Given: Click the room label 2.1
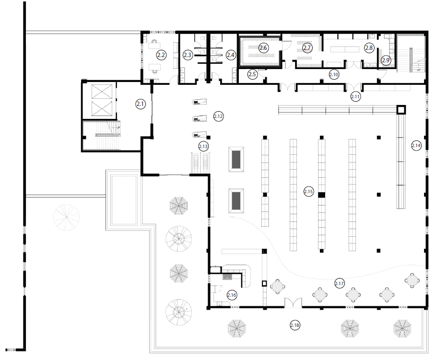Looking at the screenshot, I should (x=141, y=104).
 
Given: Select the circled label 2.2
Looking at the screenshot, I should (x=161, y=55).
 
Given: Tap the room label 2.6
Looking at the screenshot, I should (x=263, y=47).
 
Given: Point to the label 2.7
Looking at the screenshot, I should (x=307, y=47).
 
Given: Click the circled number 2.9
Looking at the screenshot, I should (x=386, y=60).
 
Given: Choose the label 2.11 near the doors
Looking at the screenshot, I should (x=355, y=97).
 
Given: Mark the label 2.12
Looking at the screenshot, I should (x=219, y=116).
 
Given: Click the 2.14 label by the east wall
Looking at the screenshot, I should (x=416, y=145).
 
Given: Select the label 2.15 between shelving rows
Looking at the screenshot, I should (x=308, y=192).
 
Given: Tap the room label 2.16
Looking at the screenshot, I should (x=232, y=295).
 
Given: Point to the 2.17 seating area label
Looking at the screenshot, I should (x=340, y=283).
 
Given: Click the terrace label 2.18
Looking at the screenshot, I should (x=295, y=325).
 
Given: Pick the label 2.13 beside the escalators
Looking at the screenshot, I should (x=203, y=146).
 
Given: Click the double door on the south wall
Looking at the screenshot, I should (x=293, y=302).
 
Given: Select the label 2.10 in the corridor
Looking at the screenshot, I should (x=334, y=74).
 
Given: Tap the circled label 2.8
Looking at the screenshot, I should (x=369, y=47).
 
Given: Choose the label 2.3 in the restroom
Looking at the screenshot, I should (x=188, y=55).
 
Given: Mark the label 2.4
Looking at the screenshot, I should (x=231, y=55).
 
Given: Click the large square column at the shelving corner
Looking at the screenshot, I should (x=401, y=110).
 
